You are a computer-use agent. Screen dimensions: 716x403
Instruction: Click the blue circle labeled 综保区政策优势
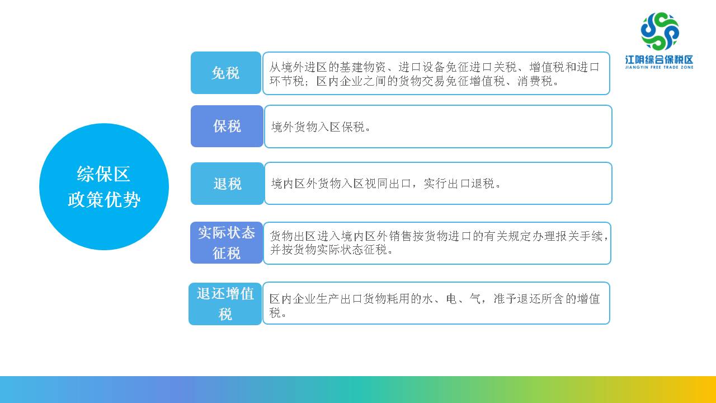tap(104, 186)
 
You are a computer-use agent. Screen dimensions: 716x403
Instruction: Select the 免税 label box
tap(226, 73)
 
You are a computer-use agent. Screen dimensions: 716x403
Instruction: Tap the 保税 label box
tap(227, 126)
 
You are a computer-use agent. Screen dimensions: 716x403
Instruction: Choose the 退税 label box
tap(227, 183)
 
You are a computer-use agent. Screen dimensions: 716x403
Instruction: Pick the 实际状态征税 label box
tap(227, 242)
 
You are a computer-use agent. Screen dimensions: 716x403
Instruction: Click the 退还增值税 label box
tap(225, 303)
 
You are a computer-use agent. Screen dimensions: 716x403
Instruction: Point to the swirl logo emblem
tap(660, 31)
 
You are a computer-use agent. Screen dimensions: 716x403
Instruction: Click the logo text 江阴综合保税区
tap(659, 59)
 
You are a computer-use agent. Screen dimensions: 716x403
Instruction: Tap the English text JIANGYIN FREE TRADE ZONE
tap(659, 68)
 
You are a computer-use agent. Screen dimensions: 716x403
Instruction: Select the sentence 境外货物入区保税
tap(321, 127)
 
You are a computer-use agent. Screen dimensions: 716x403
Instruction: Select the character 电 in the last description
tap(451, 299)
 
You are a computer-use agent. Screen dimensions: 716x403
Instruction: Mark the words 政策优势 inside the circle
tap(104, 200)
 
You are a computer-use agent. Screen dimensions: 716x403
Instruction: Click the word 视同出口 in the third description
tap(388, 184)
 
